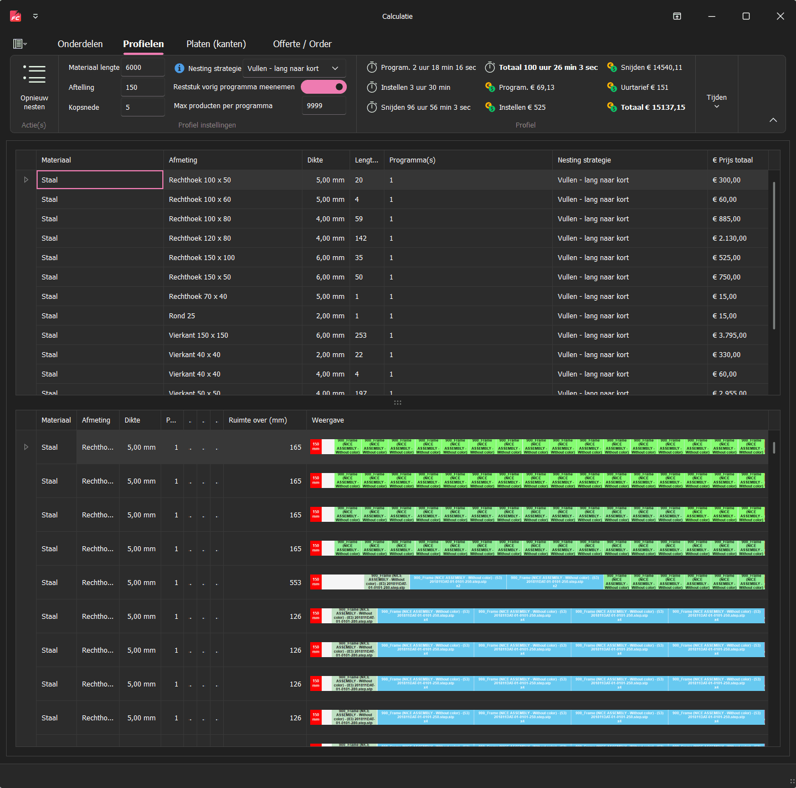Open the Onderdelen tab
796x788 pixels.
pyautogui.click(x=80, y=44)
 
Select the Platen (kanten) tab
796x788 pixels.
pyautogui.click(x=216, y=44)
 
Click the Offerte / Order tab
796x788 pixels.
pyautogui.click(x=302, y=44)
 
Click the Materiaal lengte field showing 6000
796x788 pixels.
pyautogui.click(x=142, y=68)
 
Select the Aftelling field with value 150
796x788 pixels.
pyautogui.click(x=142, y=88)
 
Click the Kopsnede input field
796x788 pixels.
pyautogui.click(x=142, y=108)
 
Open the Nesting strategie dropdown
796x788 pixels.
pyautogui.click(x=294, y=69)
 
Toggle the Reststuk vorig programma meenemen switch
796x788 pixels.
pyautogui.click(x=323, y=87)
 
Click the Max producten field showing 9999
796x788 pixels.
pyautogui.click(x=323, y=106)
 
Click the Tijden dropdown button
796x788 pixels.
pyautogui.click(x=716, y=100)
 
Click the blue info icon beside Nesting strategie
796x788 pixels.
pyautogui.click(x=179, y=68)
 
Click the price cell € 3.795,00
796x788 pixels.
pyautogui.click(x=730, y=335)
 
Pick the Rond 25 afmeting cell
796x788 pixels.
pyautogui.click(x=182, y=316)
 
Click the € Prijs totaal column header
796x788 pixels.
pyautogui.click(x=732, y=160)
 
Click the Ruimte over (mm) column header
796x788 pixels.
pyautogui.click(x=258, y=420)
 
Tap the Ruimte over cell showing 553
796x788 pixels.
pyautogui.click(x=295, y=583)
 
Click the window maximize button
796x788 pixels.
pyautogui.click(x=746, y=17)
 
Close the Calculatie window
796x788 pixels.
pyautogui.click(x=780, y=17)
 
